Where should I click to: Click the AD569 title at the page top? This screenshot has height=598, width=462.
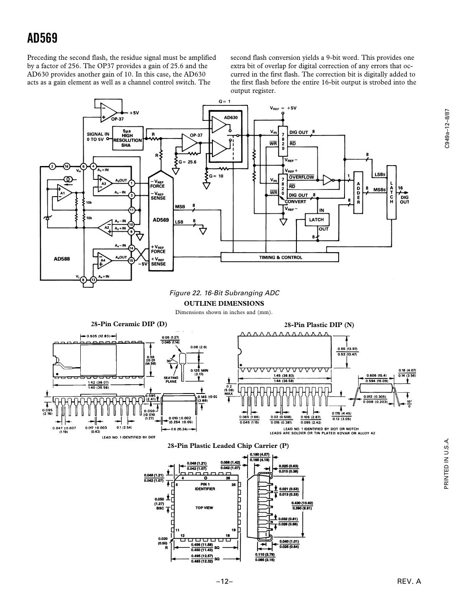tap(42, 38)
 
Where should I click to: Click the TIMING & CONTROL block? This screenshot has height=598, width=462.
tap(280, 257)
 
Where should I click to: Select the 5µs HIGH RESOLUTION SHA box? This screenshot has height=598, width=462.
tap(128, 138)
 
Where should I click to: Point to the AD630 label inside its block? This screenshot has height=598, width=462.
tap(231, 118)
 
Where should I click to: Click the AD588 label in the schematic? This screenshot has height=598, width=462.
tap(62, 259)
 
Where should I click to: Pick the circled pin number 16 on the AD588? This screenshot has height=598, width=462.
tap(66, 166)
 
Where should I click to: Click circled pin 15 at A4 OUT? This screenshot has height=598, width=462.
tap(131, 261)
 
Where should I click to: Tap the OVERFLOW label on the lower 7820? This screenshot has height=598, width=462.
tap(301, 177)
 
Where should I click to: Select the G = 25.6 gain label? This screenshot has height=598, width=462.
tap(187, 161)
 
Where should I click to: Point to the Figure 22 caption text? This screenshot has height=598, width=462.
tap(224, 293)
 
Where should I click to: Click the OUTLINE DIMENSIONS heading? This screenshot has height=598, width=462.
tap(224, 304)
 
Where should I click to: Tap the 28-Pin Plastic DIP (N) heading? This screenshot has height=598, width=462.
tap(319, 325)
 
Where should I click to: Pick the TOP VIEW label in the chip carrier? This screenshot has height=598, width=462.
tap(204, 508)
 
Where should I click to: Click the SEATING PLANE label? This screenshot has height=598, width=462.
tap(171, 379)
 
